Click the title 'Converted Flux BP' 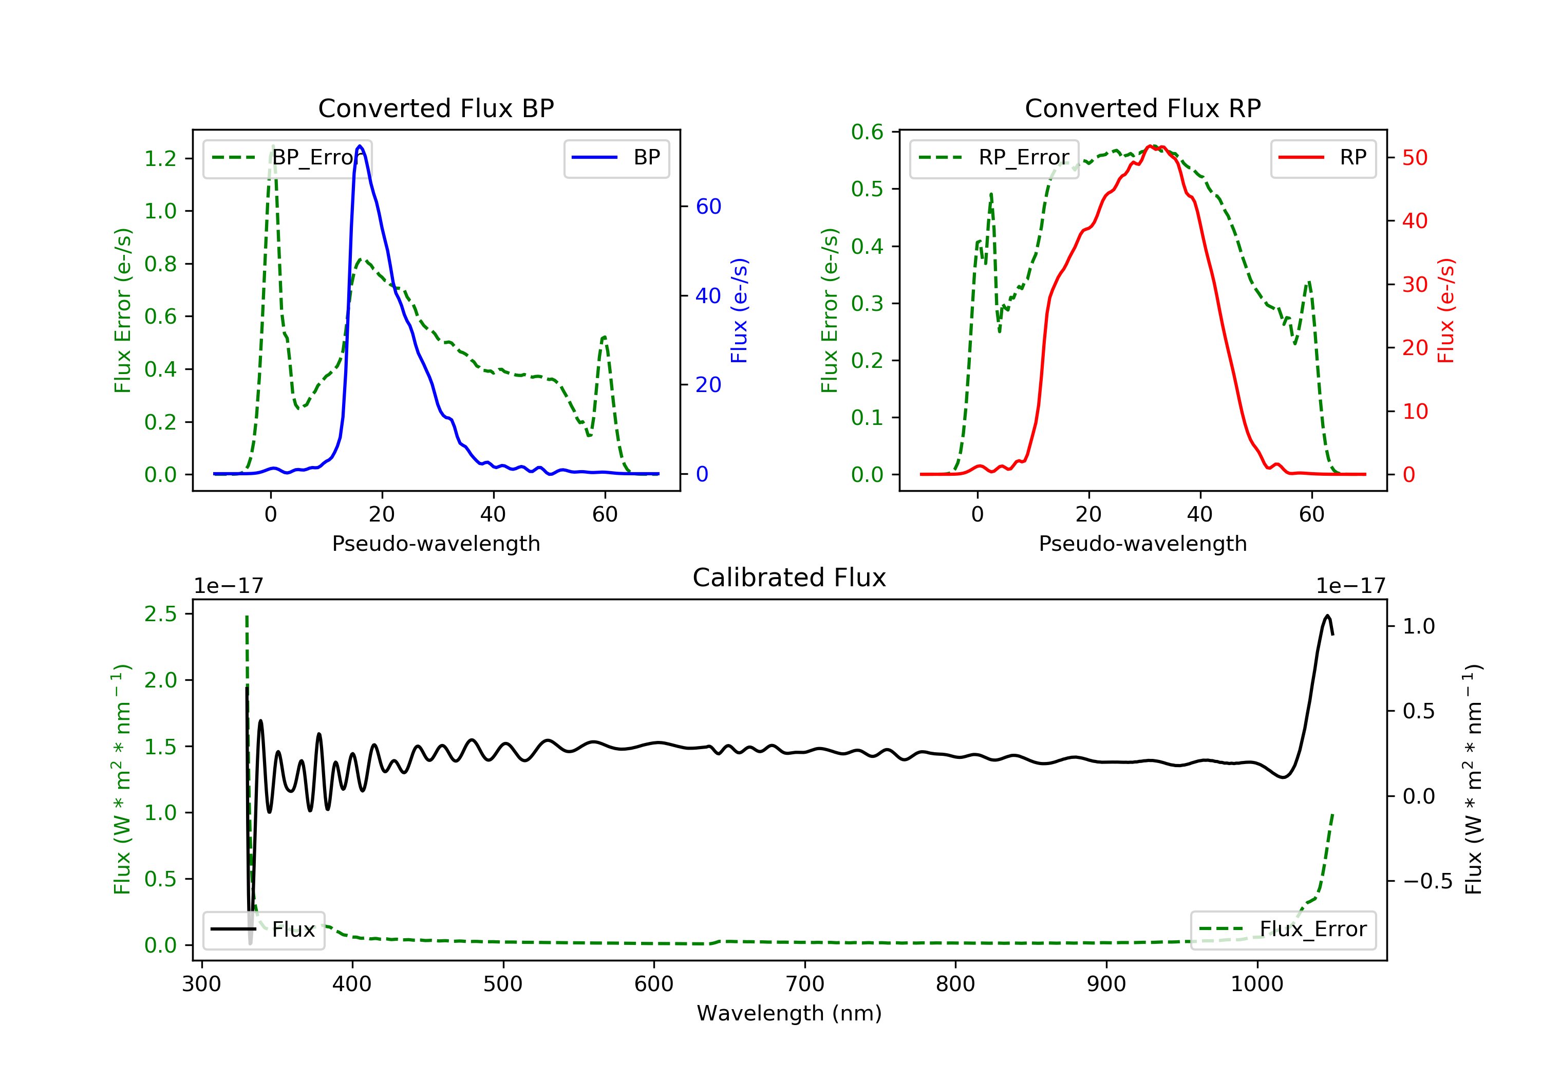pyautogui.click(x=436, y=108)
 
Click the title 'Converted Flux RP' pyautogui.click(x=1142, y=108)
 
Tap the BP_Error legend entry pyautogui.click(x=287, y=158)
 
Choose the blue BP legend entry pyautogui.click(x=616, y=158)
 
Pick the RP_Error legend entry pyautogui.click(x=994, y=158)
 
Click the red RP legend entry pyautogui.click(x=1323, y=158)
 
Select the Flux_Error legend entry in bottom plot pyautogui.click(x=1283, y=929)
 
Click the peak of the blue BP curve pyautogui.click(x=360, y=146)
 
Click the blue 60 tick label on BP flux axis pyautogui.click(x=708, y=206)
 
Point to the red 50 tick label pyautogui.click(x=1415, y=158)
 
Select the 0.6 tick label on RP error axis pyautogui.click(x=867, y=132)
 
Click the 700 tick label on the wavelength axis pyautogui.click(x=804, y=984)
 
